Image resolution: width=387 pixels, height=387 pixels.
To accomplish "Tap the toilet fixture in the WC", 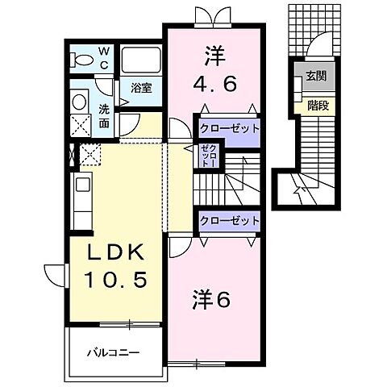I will pos(81,60).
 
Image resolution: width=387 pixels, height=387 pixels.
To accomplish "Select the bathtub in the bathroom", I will pos(141,60).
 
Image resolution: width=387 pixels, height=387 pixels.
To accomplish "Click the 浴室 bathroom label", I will pos(141,88).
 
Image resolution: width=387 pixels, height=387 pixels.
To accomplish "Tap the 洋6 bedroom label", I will pos(211,300).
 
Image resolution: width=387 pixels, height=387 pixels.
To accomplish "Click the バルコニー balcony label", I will pos(114,352).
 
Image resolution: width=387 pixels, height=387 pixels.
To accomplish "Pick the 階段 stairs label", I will pos(315,105).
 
